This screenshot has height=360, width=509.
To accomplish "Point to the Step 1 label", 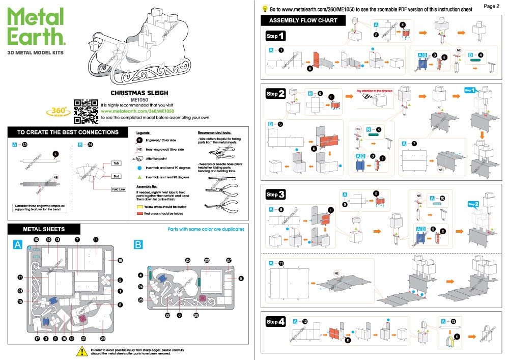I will [x=275, y=36].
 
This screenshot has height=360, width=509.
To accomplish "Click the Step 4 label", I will [x=275, y=322].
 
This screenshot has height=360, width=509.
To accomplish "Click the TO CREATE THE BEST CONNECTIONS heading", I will [x=68, y=132].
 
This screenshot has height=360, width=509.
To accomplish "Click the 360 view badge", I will [x=58, y=112].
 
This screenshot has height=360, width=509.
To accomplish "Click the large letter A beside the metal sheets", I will [x=18, y=245].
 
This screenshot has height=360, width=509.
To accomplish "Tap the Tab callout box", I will [x=116, y=163].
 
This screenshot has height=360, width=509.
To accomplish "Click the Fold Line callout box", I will [x=118, y=189].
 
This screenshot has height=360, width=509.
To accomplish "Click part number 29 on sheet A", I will [x=103, y=339].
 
